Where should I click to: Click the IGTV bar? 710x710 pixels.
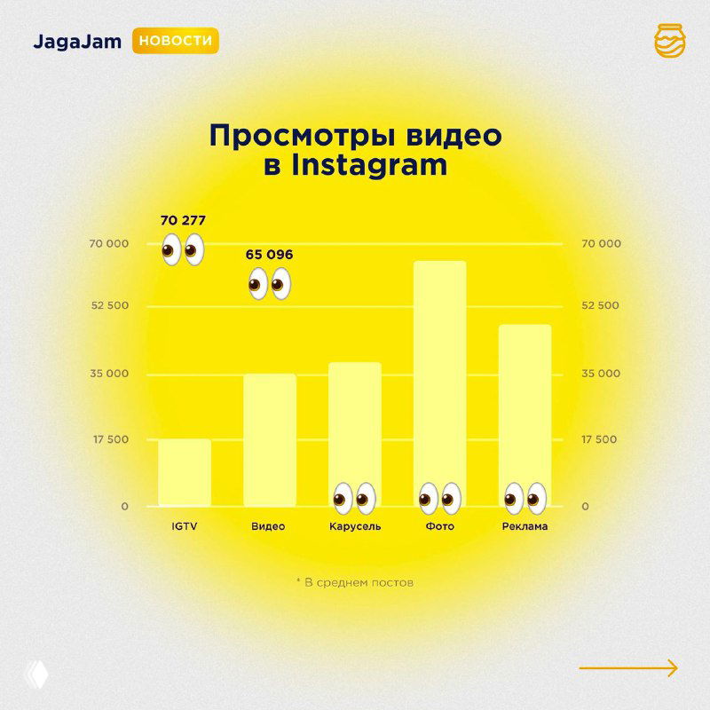[x=185, y=472]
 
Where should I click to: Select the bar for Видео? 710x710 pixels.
[x=270, y=439]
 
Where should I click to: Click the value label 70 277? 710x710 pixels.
[x=184, y=220]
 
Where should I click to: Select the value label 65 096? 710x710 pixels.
[x=269, y=255]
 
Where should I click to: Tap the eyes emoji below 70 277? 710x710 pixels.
[x=184, y=251]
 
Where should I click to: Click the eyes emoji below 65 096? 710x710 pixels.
[x=269, y=285]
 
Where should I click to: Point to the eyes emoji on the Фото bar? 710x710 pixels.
[x=440, y=498]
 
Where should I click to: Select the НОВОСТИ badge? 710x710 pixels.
[x=176, y=41]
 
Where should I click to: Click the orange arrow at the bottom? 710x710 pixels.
[x=628, y=668]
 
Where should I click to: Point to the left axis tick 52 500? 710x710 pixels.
[x=107, y=306]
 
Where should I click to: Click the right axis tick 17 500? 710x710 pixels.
[x=599, y=439]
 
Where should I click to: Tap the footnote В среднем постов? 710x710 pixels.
[x=355, y=583]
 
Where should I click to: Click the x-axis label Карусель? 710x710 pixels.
[x=355, y=526]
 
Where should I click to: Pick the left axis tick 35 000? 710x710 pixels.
[x=107, y=374]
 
